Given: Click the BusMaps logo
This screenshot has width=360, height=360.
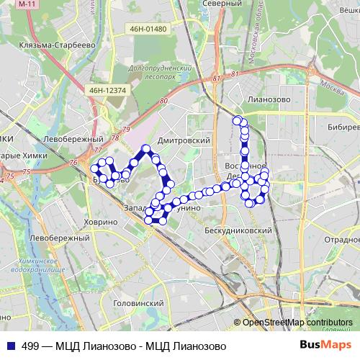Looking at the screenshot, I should [331, 346].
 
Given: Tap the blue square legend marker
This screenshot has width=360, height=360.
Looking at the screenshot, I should [9, 346].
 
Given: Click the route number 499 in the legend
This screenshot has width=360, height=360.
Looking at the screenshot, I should [30, 346].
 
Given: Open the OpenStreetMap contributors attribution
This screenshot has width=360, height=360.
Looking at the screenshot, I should [297, 323].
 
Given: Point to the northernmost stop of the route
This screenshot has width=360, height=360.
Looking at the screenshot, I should [237, 119].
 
